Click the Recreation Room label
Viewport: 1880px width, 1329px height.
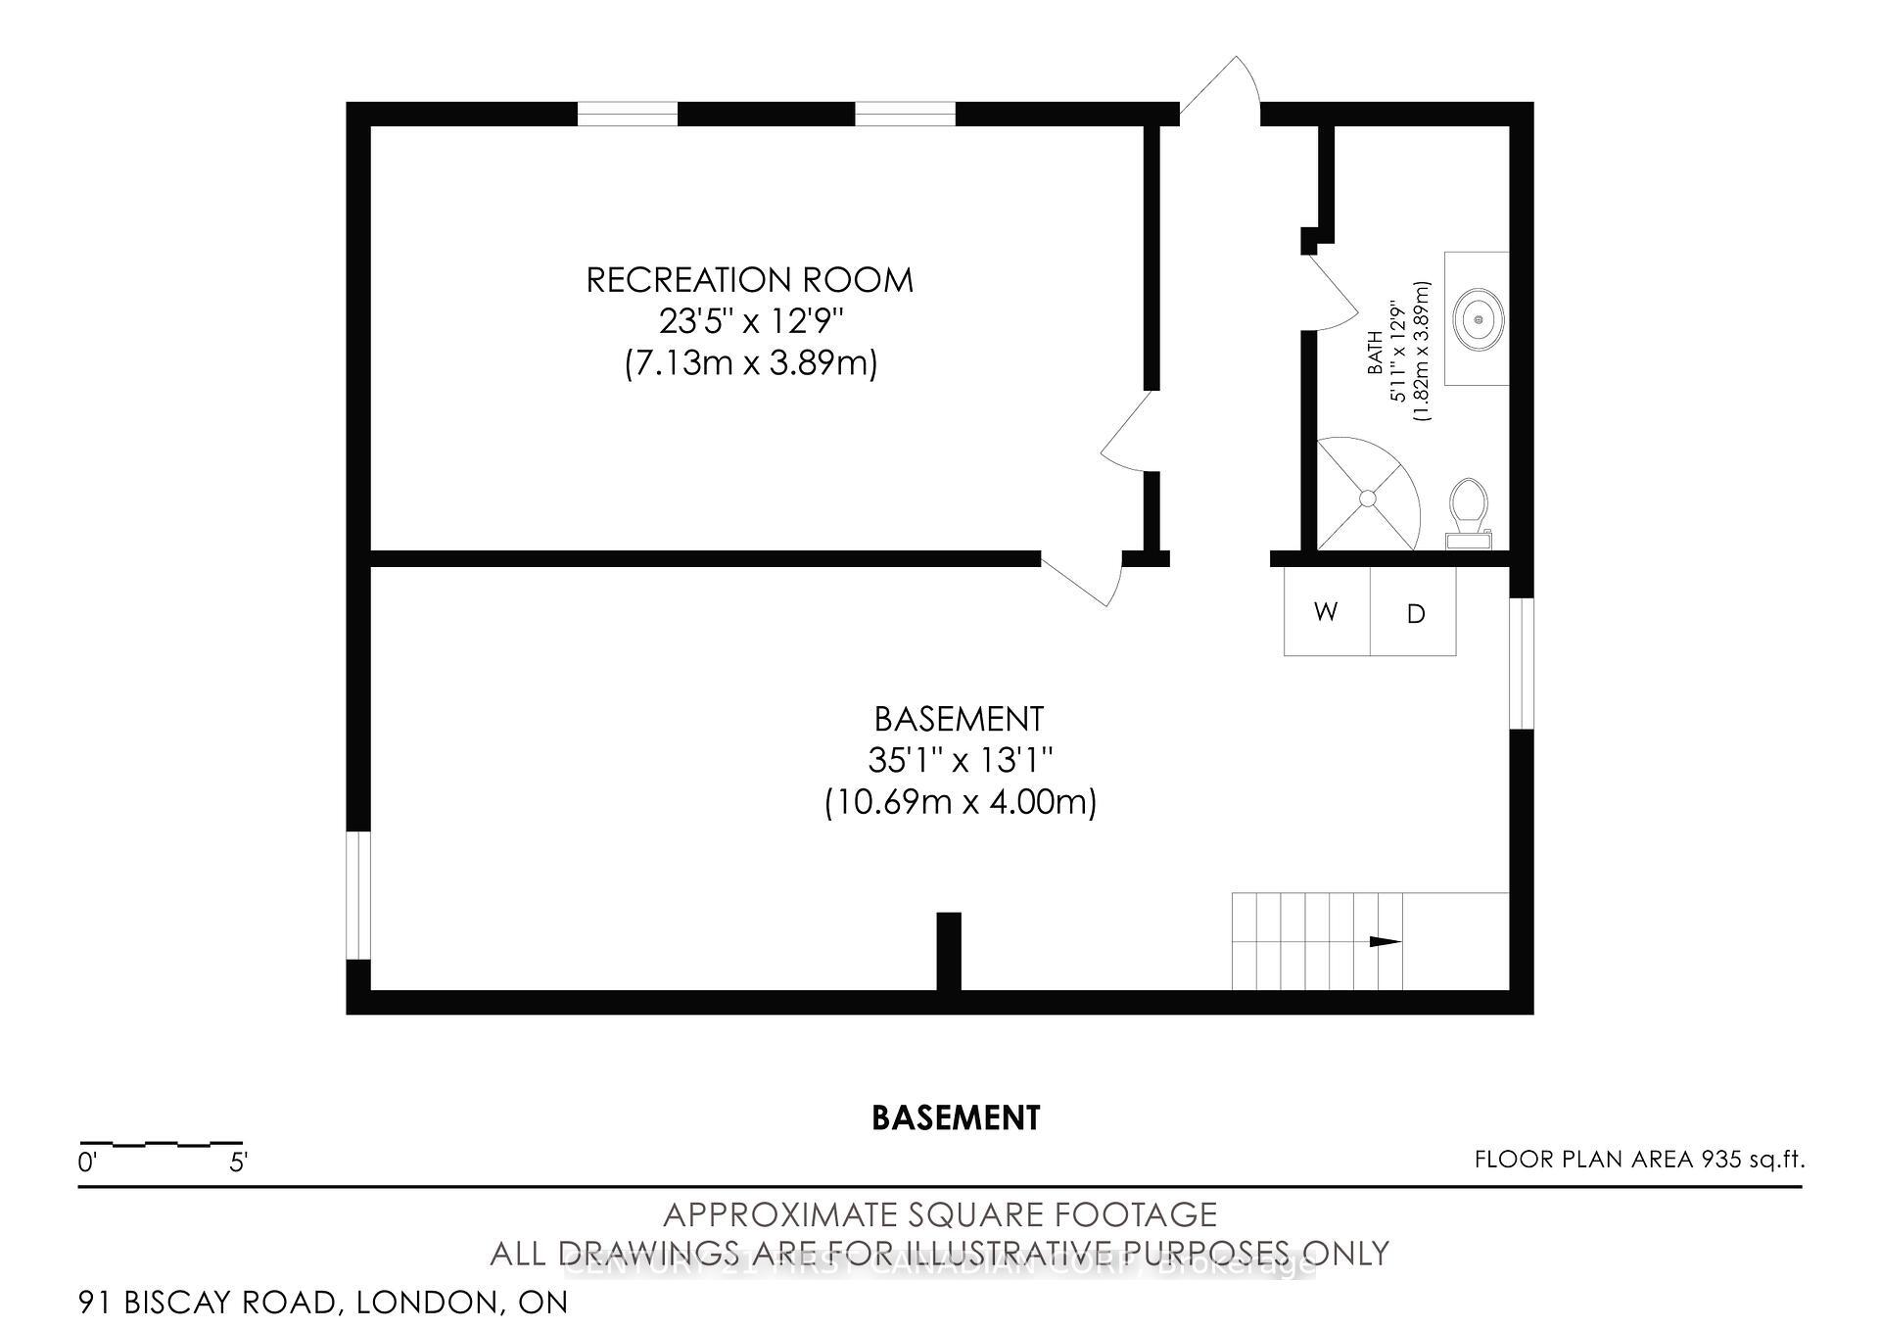[749, 280]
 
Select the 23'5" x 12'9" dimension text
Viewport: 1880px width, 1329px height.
[749, 321]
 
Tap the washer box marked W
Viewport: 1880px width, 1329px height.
[1326, 613]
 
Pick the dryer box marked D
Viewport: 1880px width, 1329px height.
[1415, 614]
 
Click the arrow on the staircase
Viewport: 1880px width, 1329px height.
[1384, 942]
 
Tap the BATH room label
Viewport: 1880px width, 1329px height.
[1376, 353]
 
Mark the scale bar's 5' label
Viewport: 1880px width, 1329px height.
[238, 1163]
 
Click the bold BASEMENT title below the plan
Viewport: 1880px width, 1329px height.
[956, 1117]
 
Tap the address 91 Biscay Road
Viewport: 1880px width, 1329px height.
[323, 1303]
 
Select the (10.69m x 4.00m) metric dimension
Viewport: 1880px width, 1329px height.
[960, 803]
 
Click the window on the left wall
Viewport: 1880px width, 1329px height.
[359, 895]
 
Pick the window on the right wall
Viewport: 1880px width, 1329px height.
[1521, 663]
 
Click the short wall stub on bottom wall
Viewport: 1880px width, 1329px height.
[949, 951]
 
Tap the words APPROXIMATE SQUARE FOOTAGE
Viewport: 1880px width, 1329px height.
[940, 1215]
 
